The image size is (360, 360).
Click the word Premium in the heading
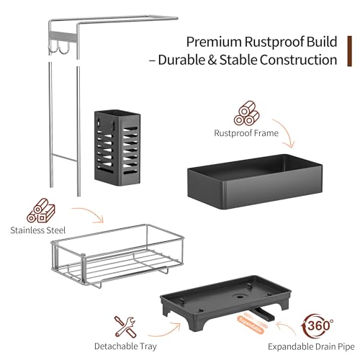click(x=214, y=42)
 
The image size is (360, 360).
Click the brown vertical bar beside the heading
click(x=350, y=51)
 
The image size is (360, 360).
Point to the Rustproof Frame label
click(x=246, y=133)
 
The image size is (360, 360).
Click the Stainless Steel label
click(x=38, y=230)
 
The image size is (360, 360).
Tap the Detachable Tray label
click(x=125, y=346)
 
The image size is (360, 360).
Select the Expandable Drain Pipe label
click(x=311, y=347)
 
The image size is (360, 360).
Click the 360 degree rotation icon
click(x=317, y=326)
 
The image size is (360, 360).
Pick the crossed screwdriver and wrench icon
click(x=125, y=327)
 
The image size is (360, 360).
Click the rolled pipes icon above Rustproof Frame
click(x=246, y=113)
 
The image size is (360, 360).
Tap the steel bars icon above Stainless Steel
click(x=41, y=210)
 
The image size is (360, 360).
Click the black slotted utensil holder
click(x=117, y=148)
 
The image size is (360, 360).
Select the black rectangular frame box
click(x=255, y=181)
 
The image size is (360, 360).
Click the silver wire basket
click(x=117, y=256)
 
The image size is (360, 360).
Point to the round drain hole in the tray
click(x=239, y=297)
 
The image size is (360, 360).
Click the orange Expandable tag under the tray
click(x=251, y=325)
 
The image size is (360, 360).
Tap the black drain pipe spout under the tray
click(x=263, y=314)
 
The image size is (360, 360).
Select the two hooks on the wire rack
click(x=59, y=48)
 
